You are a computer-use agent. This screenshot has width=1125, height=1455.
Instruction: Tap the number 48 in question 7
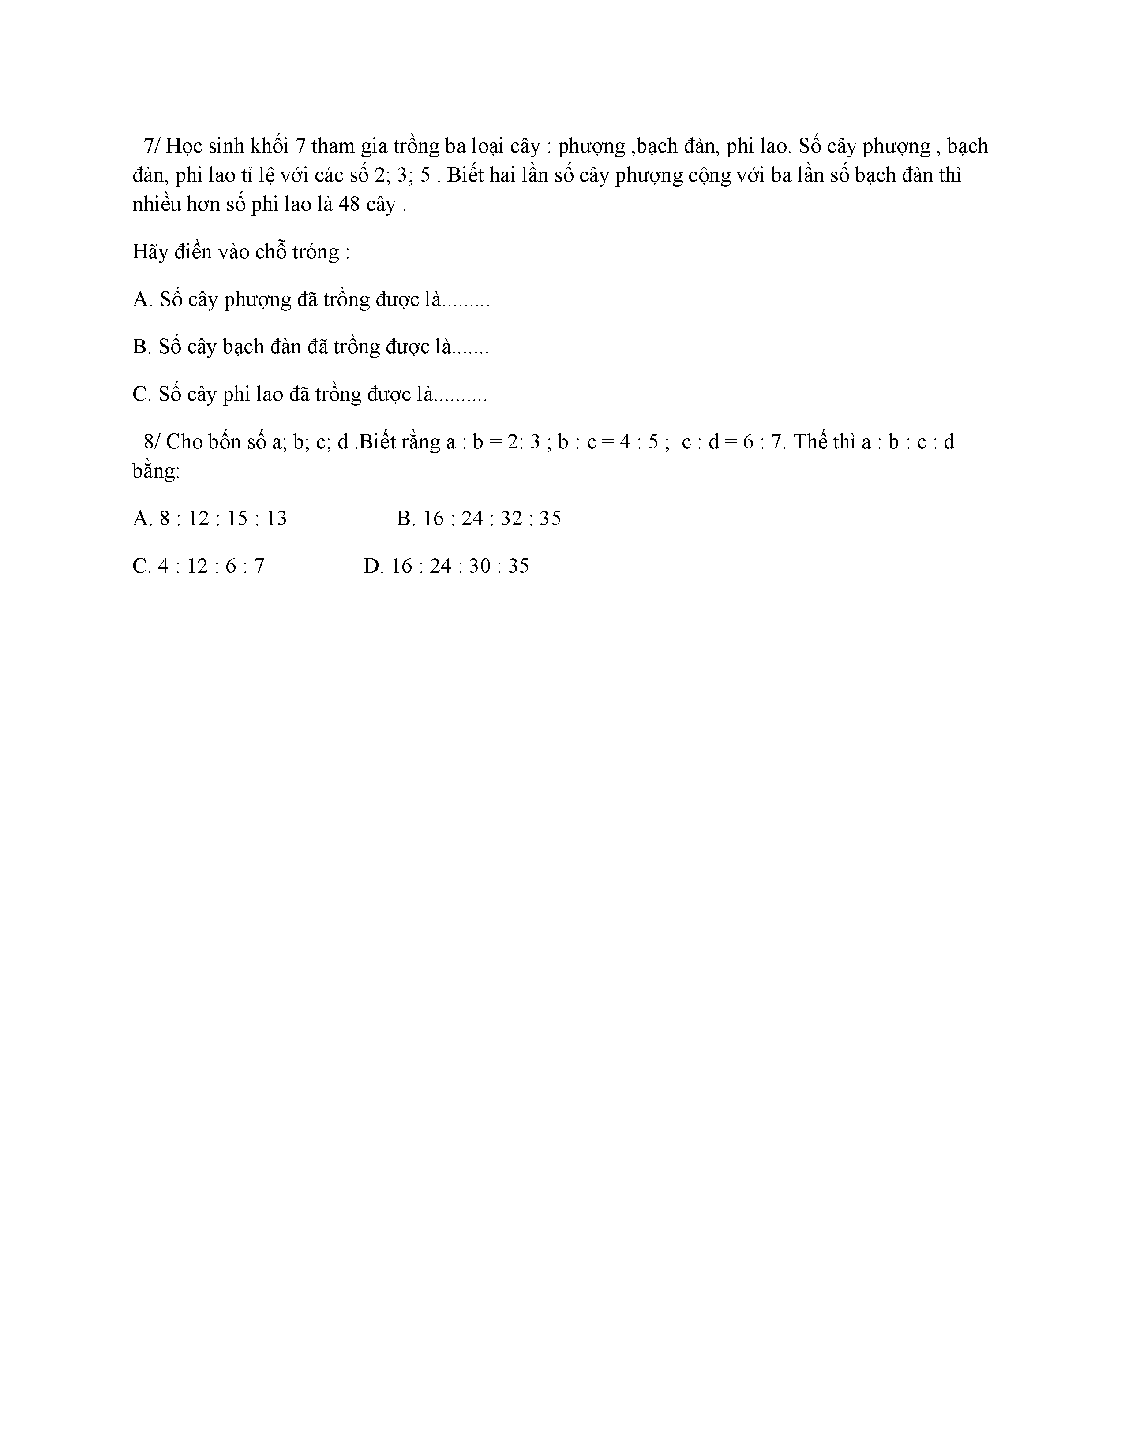[x=349, y=205]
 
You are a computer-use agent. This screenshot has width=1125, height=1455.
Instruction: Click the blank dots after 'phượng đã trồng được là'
[x=466, y=302]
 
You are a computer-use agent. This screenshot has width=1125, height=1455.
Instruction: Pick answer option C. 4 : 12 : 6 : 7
[x=199, y=566]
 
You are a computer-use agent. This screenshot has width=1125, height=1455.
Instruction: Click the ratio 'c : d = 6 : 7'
[x=731, y=442]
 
